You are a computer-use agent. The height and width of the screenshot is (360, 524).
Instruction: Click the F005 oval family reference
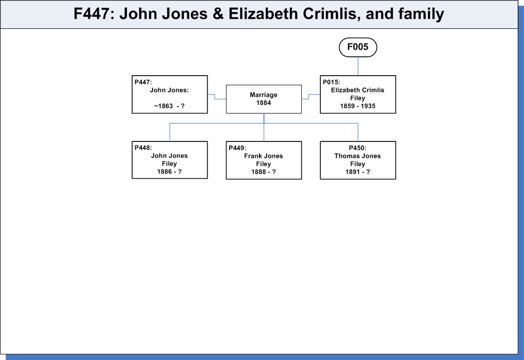[358, 47]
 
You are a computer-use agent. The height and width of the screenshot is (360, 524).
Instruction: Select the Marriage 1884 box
[263, 99]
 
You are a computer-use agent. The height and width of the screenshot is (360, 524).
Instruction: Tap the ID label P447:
[143, 82]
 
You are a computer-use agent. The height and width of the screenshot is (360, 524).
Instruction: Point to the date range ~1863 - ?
[169, 106]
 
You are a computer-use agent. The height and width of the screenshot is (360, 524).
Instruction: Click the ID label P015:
[332, 82]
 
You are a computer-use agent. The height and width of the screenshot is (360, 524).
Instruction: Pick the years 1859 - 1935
[358, 106]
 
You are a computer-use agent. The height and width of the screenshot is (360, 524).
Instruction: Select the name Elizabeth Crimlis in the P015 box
[358, 90]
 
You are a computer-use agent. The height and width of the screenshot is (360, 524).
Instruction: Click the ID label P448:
[143, 148]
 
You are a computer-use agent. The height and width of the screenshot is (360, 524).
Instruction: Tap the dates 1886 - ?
[169, 172]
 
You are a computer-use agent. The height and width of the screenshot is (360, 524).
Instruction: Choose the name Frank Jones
[263, 156]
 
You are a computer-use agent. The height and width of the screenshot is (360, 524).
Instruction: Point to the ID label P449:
[237, 148]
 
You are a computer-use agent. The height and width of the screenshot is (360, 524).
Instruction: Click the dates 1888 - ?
[263, 172]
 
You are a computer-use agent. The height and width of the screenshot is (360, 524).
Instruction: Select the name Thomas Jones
[358, 156]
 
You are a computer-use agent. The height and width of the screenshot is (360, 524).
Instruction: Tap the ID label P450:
[358, 148]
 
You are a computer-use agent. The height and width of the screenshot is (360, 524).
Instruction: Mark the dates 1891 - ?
[358, 172]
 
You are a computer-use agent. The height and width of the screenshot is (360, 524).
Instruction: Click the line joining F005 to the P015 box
[358, 66]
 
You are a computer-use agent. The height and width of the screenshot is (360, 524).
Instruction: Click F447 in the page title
[91, 14]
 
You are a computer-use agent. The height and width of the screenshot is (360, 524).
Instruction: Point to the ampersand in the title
[218, 14]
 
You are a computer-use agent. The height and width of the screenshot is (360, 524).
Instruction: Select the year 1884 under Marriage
[263, 103]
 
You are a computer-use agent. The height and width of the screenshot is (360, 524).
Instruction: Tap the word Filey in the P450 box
[358, 164]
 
